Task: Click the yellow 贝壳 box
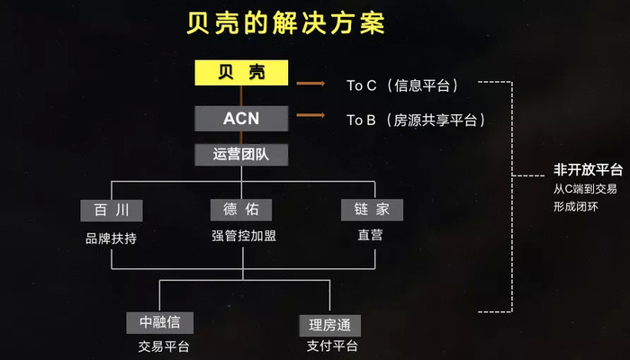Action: [x=241, y=73]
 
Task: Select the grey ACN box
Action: [x=241, y=119]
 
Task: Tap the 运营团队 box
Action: [x=241, y=155]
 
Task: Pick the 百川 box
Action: [x=112, y=210]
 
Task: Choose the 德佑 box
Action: [x=241, y=210]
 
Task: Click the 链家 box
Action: [x=372, y=210]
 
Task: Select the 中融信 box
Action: [x=160, y=322]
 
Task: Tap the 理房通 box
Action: [x=330, y=326]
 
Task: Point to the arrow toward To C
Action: [x=310, y=84]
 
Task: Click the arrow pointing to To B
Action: [x=310, y=115]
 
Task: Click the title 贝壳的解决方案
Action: [x=285, y=22]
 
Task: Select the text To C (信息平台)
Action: [x=402, y=85]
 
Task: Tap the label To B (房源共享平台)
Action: [x=416, y=120]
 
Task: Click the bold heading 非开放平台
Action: [x=589, y=169]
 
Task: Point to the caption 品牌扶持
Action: [x=111, y=238]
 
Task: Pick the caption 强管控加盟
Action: [x=244, y=236]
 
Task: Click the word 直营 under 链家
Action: [x=370, y=235]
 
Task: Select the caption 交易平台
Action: [x=164, y=346]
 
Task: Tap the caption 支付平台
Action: [x=332, y=346]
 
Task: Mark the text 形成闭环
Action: [x=576, y=207]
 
